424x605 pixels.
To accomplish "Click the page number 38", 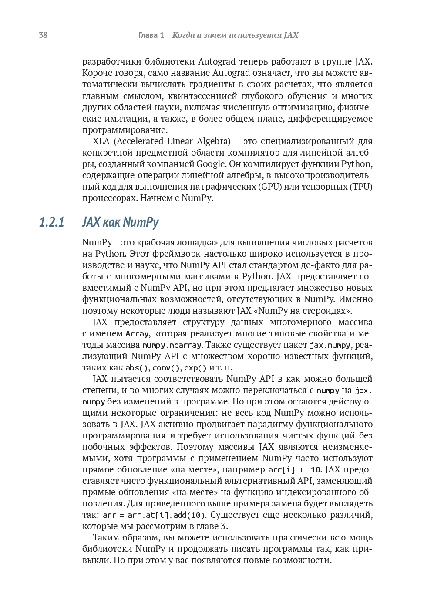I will [x=43, y=35].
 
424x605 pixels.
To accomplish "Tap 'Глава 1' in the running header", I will [x=151, y=35].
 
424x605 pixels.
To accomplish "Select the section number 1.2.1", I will [x=51, y=222].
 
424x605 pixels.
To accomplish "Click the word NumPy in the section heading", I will [x=141, y=222].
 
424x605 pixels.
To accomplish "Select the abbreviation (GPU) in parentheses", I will [x=269, y=187].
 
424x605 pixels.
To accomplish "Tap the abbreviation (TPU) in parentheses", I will [x=361, y=187].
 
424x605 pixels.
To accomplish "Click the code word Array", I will [x=137, y=334].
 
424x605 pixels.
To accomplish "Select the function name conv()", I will [x=165, y=368].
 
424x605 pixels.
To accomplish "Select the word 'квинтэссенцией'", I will [x=200, y=96].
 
